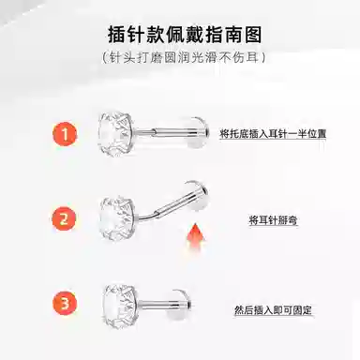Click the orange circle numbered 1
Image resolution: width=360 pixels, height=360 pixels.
(x=65, y=134)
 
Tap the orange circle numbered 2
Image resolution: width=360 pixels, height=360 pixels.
(x=64, y=218)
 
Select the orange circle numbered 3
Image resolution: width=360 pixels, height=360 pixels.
(x=65, y=303)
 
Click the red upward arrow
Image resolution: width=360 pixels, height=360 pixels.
(x=195, y=236)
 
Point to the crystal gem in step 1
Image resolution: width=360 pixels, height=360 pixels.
(x=115, y=134)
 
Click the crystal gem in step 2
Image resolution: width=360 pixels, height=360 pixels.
(x=118, y=218)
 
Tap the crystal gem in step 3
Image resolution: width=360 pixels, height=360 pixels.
(x=120, y=305)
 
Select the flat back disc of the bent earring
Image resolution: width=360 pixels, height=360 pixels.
(x=198, y=194)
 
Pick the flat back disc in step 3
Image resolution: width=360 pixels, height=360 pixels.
(x=181, y=305)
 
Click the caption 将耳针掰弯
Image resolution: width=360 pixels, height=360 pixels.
(x=273, y=220)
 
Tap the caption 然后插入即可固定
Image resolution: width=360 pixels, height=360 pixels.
(x=273, y=310)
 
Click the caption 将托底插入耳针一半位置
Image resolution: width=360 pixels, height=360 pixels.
(x=273, y=134)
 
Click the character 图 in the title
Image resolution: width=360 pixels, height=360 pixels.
(x=253, y=35)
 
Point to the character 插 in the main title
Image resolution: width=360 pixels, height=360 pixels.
(x=117, y=35)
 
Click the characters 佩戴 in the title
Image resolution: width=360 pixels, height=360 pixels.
(x=185, y=35)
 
